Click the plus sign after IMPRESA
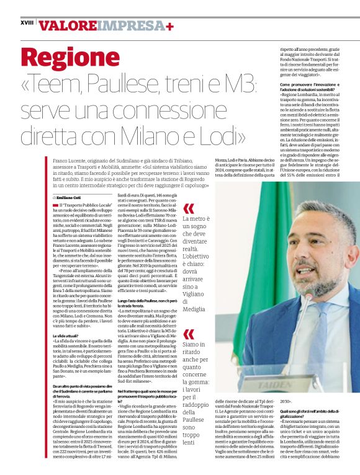[169, 25]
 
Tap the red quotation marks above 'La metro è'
[188, 208]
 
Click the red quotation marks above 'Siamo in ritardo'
[188, 334]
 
